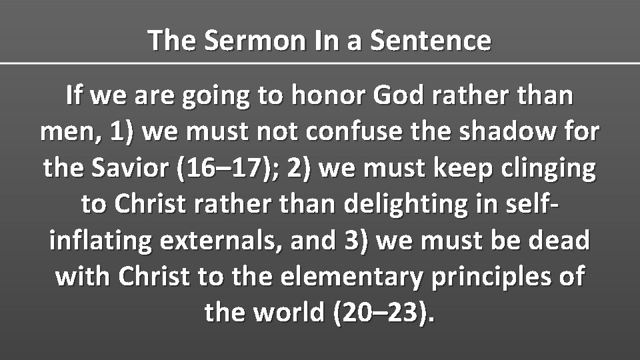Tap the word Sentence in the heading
(430, 41)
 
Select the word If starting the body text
(75, 96)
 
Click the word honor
(329, 96)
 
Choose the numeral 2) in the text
(303, 168)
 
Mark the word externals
(217, 240)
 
